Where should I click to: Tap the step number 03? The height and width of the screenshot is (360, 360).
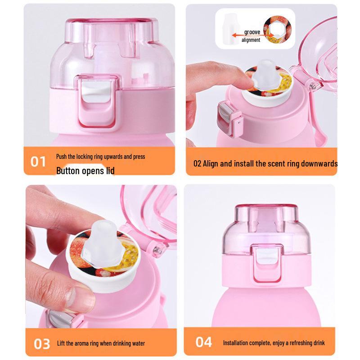pyautogui.click(x=42, y=344)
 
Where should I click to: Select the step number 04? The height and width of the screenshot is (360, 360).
pyautogui.click(x=203, y=342)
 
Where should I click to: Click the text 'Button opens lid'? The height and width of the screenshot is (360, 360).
pyautogui.click(x=85, y=171)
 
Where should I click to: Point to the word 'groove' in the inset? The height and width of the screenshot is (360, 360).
pyautogui.click(x=252, y=32)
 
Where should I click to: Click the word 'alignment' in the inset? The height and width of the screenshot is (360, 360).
pyautogui.click(x=251, y=40)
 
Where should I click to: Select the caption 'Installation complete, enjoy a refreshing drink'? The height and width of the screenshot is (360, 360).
pyautogui.click(x=274, y=343)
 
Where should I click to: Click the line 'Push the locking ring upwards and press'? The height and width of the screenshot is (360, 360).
pyautogui.click(x=100, y=157)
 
